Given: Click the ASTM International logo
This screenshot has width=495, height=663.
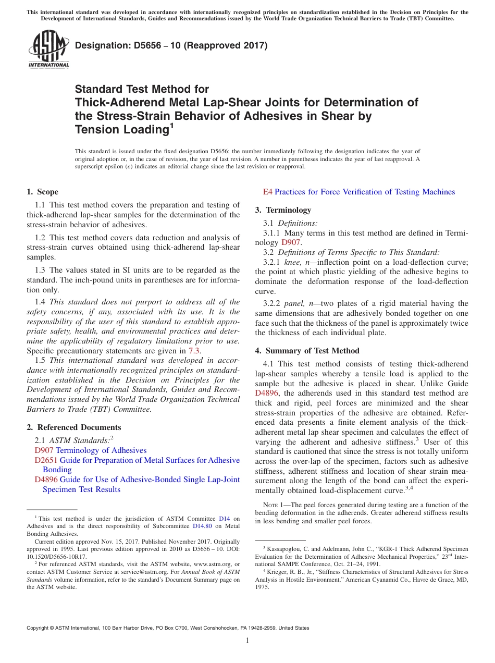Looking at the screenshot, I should tap(48, 49).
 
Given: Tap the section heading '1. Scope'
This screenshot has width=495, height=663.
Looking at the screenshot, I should tap(43, 192).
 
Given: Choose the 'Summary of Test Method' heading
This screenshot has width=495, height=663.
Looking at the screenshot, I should tap(312, 351).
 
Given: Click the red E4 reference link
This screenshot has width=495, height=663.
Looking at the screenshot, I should tap(267, 192).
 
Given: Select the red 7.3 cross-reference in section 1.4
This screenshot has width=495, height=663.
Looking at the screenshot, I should tap(194, 351).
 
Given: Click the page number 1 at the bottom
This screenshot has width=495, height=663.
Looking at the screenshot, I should tap(247, 640).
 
